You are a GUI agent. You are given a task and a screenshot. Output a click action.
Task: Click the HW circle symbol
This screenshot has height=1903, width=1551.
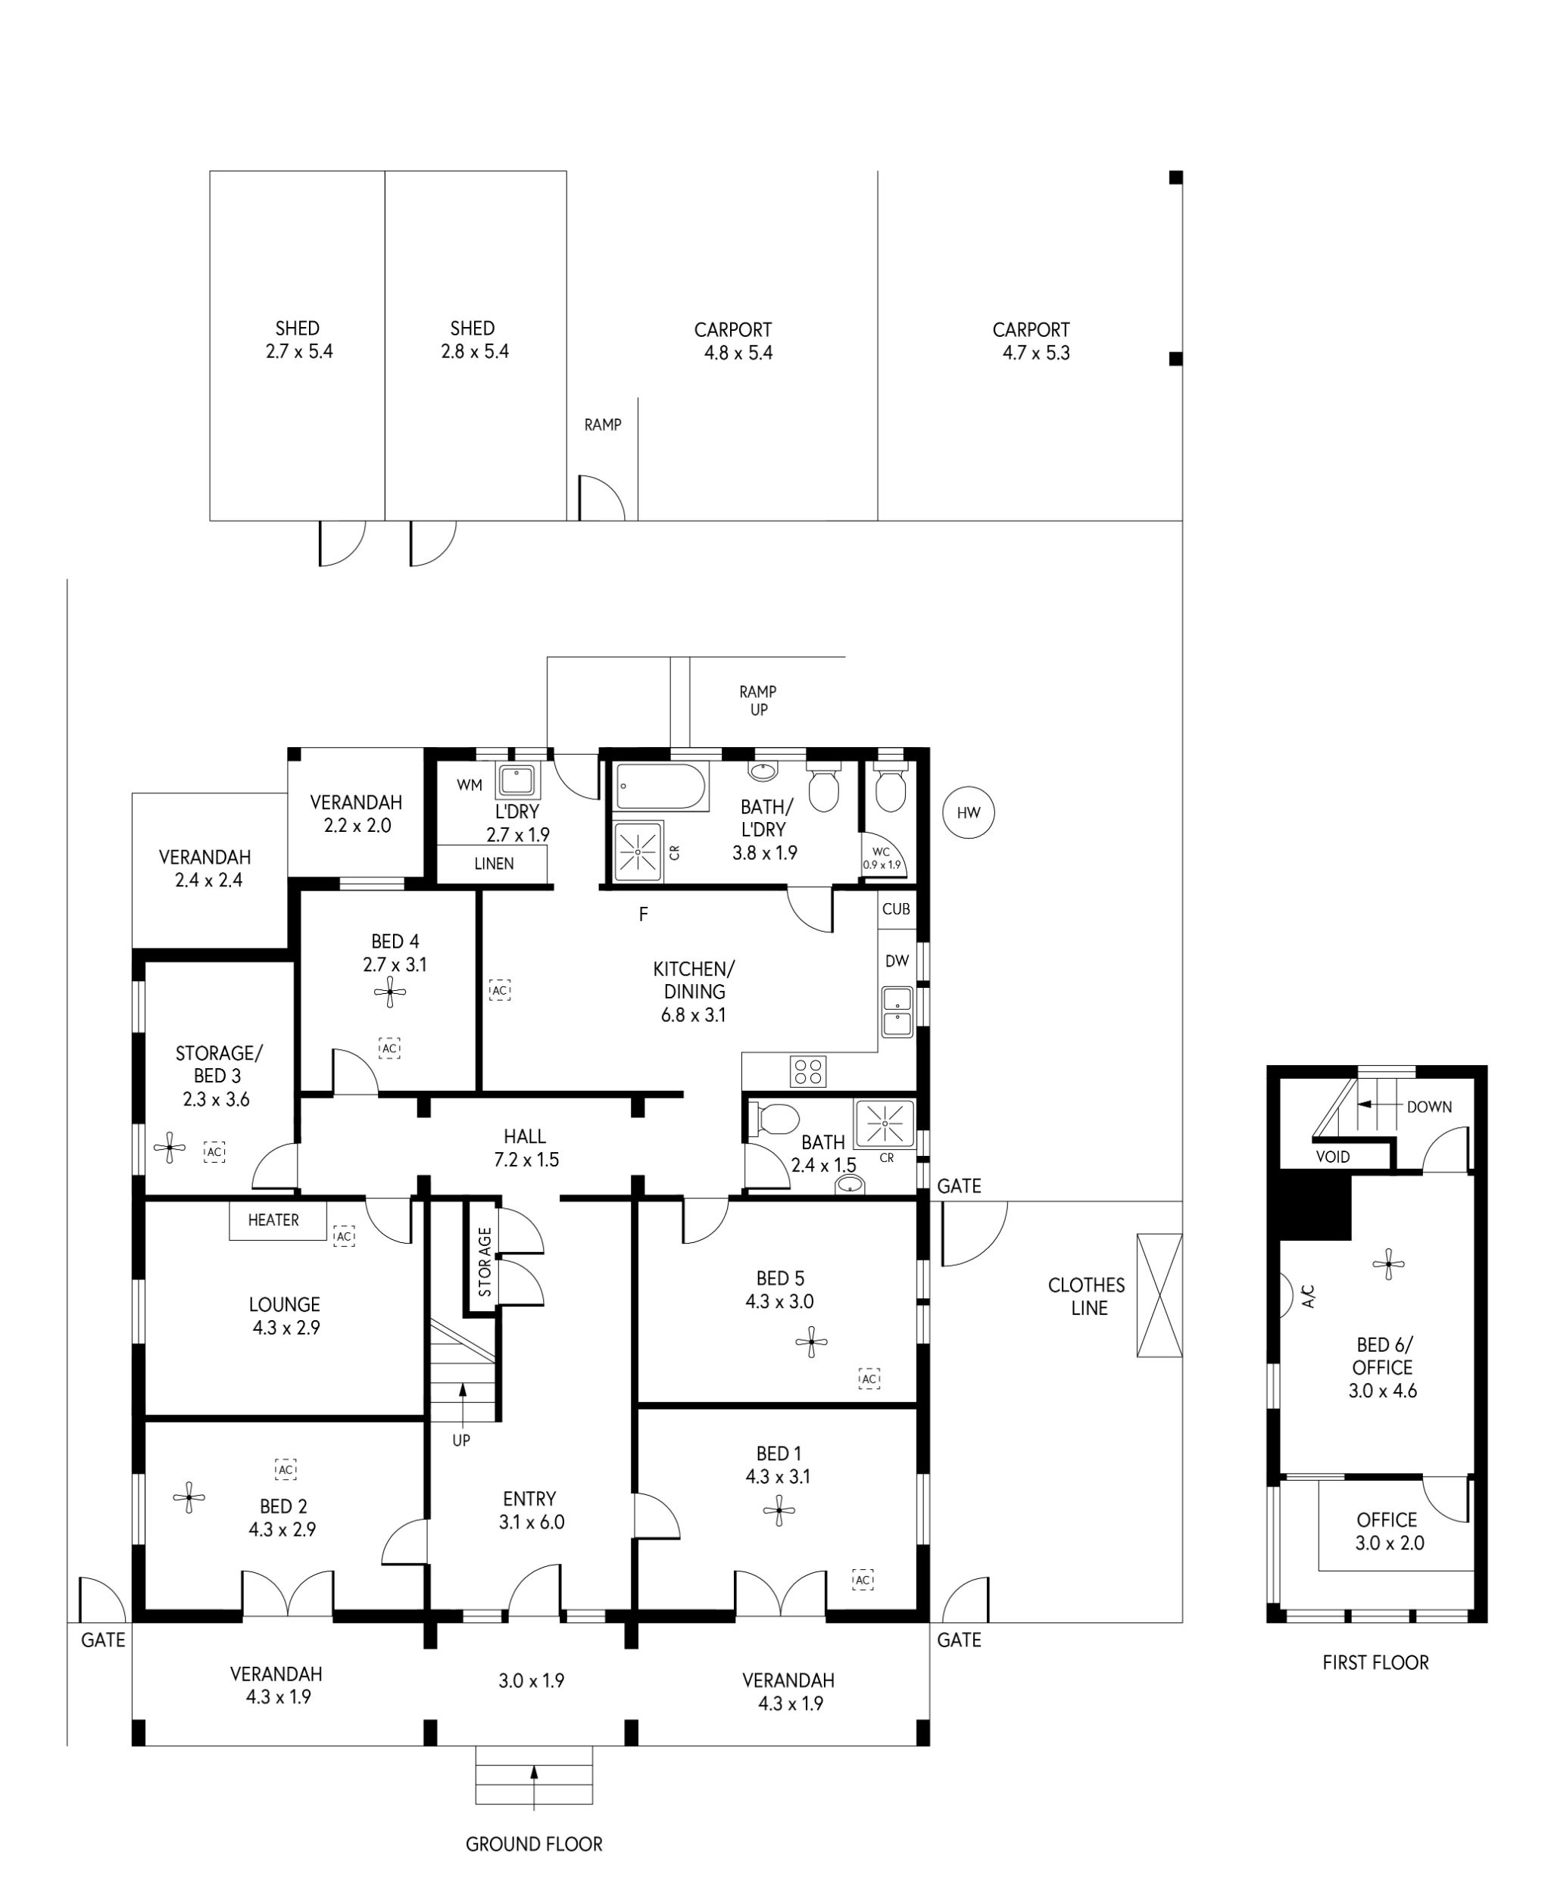click(x=969, y=813)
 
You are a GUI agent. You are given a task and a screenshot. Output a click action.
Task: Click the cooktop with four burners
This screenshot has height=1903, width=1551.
click(x=807, y=1070)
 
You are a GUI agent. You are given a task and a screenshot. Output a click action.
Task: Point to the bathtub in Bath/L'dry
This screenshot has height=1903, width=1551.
click(x=661, y=786)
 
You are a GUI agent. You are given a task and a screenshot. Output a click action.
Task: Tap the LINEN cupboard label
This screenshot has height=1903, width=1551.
click(x=493, y=864)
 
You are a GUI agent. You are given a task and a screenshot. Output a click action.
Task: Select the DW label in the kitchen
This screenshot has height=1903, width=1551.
click(x=897, y=961)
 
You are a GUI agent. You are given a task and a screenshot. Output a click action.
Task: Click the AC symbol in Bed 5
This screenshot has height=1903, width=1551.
click(x=869, y=1378)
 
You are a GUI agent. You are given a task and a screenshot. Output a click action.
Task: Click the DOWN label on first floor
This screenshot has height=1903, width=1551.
click(x=1428, y=1107)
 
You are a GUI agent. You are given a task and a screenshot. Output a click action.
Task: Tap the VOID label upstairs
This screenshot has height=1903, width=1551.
click(x=1332, y=1157)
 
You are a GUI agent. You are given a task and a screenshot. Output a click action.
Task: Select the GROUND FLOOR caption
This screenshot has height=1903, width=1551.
click(x=533, y=1844)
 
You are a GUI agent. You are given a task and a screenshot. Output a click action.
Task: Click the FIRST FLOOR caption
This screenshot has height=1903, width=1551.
click(x=1375, y=1663)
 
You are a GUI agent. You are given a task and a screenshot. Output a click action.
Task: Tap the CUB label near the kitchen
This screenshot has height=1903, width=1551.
click(x=896, y=909)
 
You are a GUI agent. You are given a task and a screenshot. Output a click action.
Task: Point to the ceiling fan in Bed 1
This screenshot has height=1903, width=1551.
click(x=779, y=1511)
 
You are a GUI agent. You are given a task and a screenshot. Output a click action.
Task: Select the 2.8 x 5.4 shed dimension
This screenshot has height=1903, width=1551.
click(x=474, y=352)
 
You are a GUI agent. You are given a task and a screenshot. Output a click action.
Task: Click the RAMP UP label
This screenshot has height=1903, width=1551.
click(x=757, y=700)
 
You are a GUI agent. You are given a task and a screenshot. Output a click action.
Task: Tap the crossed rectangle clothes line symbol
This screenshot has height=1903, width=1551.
click(x=1159, y=1296)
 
